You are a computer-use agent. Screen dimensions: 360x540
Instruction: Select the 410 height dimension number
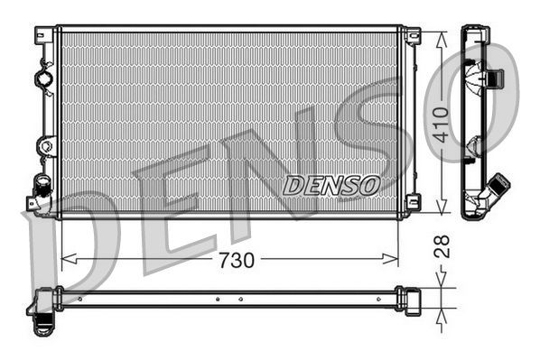coord(442,124)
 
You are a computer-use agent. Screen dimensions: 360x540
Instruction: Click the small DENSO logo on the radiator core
coord(331,186)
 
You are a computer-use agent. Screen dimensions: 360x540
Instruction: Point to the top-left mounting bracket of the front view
coord(42,35)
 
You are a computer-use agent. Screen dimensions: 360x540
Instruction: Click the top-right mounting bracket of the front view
coord(413,36)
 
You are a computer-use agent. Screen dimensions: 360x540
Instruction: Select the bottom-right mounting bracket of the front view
coord(413,202)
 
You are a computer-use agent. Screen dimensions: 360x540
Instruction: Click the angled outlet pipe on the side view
coord(496,189)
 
